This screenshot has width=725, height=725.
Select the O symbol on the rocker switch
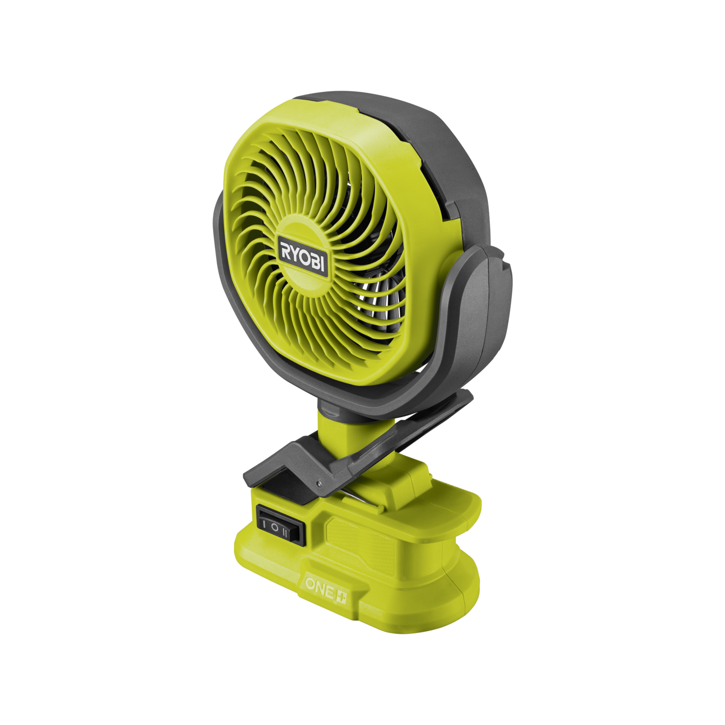pyautogui.click(x=275, y=527)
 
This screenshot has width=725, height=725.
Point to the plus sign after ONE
pyautogui.click(x=341, y=597)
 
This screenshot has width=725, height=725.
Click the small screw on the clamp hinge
pyautogui.click(x=319, y=484)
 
